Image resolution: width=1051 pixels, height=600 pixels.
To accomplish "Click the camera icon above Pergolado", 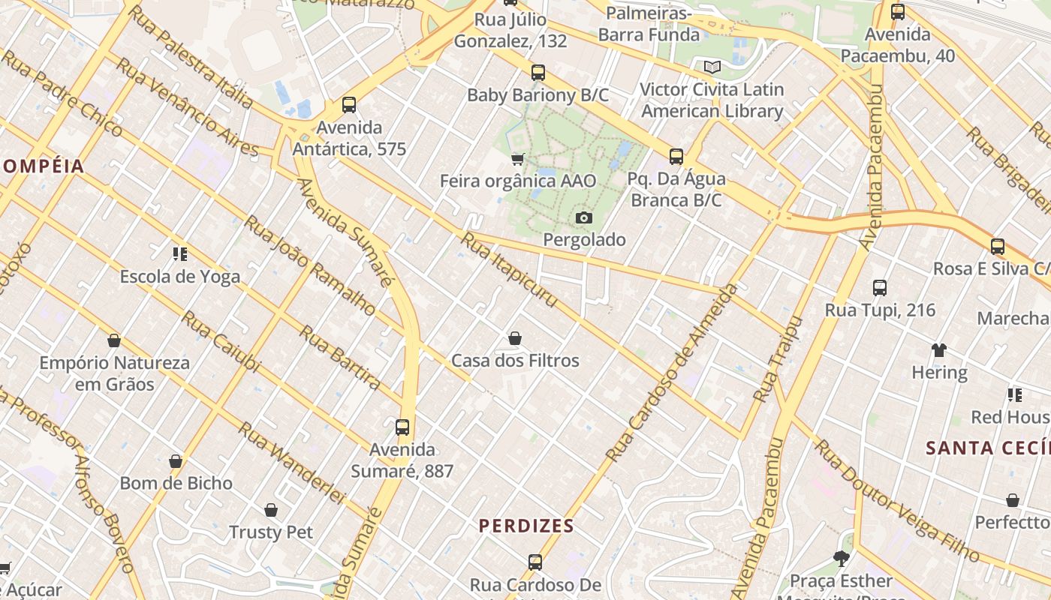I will pyautogui.click(x=583, y=218).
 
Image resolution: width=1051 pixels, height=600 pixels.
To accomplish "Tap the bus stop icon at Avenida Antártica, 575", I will pyautogui.click(x=348, y=105).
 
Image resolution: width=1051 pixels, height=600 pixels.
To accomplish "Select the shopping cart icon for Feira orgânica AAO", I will pyautogui.click(x=517, y=158).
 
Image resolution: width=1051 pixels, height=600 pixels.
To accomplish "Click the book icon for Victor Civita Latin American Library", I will pyautogui.click(x=711, y=67).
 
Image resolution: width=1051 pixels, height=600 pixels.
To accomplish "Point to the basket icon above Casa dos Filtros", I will pyautogui.click(x=515, y=339).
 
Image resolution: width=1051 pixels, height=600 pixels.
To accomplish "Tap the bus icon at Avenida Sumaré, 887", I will pyautogui.click(x=402, y=427).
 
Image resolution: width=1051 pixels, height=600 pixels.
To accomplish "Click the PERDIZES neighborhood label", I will pyautogui.click(x=526, y=526).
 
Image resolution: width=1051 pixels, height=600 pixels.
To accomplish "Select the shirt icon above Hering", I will pyautogui.click(x=939, y=349).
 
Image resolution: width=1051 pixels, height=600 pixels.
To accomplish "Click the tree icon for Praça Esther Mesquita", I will pyautogui.click(x=841, y=559).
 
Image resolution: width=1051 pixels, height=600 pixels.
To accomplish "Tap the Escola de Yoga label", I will pyautogui.click(x=180, y=277).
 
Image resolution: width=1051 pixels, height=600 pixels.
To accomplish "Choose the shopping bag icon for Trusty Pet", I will pyautogui.click(x=271, y=510).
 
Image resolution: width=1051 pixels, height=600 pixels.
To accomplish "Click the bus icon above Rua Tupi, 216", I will pyautogui.click(x=880, y=288).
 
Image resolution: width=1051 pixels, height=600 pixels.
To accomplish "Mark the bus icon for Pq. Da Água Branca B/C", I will pyautogui.click(x=676, y=157).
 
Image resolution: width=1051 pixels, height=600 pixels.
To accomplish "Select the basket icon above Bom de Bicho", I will pyautogui.click(x=176, y=461).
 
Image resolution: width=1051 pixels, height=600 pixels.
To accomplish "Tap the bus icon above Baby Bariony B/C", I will pyautogui.click(x=538, y=73).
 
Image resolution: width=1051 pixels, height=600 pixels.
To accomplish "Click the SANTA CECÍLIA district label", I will pyautogui.click(x=987, y=448).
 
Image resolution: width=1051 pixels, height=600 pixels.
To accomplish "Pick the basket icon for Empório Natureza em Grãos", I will pyautogui.click(x=114, y=341).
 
